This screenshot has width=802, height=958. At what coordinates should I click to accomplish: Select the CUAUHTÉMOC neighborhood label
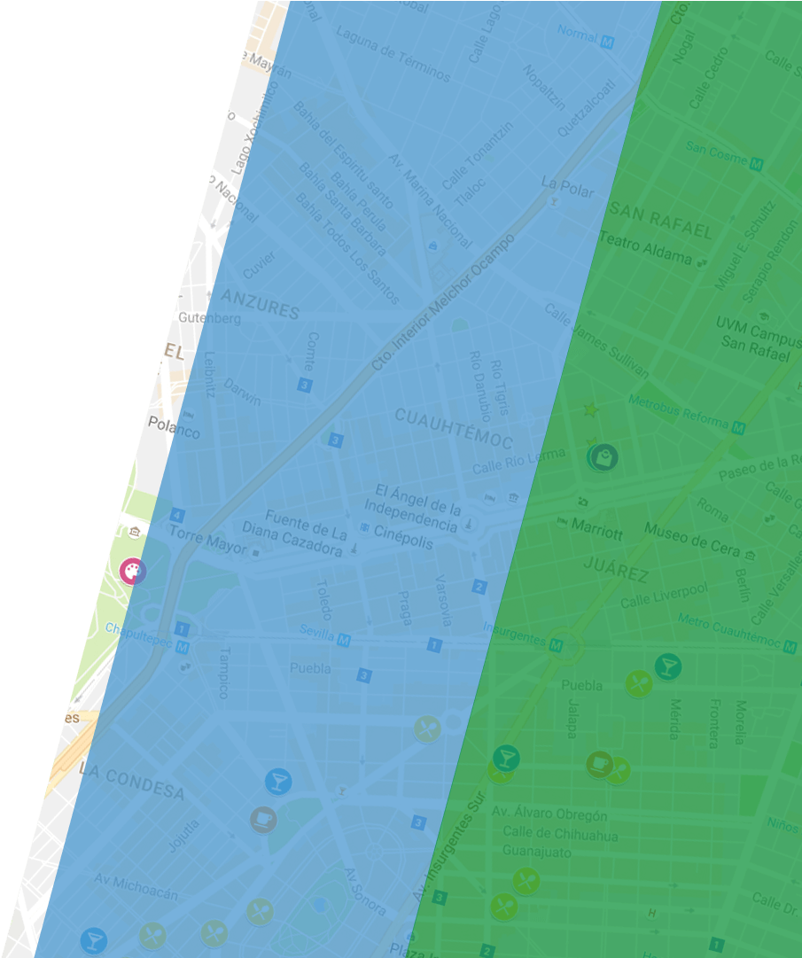(454, 427)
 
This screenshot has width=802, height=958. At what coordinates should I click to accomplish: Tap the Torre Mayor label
(208, 541)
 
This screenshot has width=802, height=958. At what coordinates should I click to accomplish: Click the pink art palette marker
(133, 572)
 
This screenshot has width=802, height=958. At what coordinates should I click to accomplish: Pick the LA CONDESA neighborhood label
(131, 780)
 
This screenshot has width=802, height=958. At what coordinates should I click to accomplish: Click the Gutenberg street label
(209, 317)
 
